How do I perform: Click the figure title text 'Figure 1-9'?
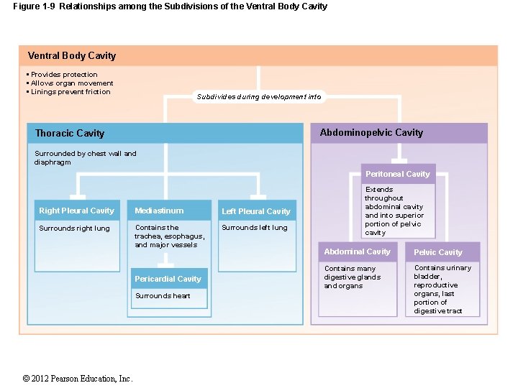click(35, 6)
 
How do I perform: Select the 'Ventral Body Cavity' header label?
click(71, 56)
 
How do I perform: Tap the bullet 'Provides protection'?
click(64, 75)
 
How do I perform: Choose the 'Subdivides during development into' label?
click(259, 97)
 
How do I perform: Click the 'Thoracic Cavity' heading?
click(70, 134)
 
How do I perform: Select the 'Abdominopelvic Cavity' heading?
click(371, 133)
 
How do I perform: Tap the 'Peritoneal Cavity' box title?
click(397, 174)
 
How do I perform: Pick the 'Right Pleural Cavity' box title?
click(76, 211)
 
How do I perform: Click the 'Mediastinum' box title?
click(159, 211)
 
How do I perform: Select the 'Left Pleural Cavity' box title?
click(256, 211)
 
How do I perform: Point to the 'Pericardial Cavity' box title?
click(168, 279)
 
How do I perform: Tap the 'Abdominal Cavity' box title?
click(357, 251)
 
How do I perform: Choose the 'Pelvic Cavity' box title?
click(437, 252)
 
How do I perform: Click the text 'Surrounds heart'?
click(163, 296)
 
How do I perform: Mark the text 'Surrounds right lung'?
click(74, 228)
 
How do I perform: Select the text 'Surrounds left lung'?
click(254, 228)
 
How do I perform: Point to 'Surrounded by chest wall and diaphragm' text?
click(85, 157)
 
